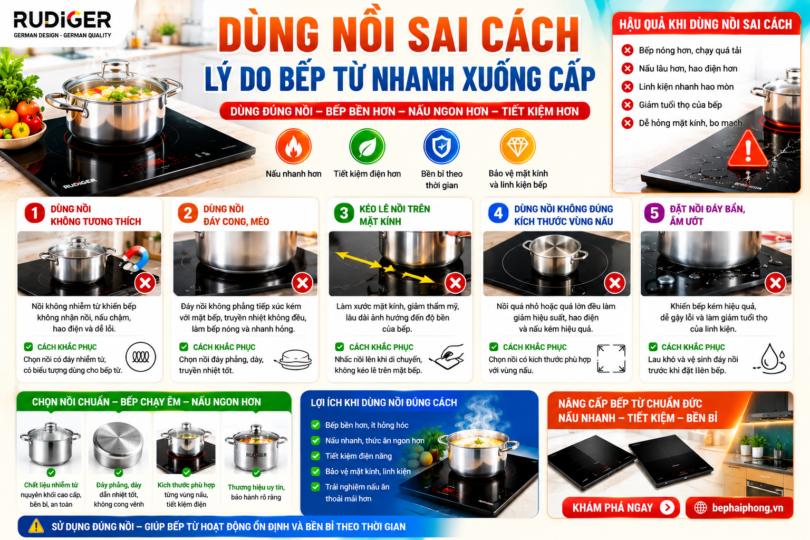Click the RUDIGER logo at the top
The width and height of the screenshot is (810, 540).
click(62, 24)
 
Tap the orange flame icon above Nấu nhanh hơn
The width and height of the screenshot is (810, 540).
click(293, 147)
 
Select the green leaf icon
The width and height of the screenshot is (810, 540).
click(367, 147)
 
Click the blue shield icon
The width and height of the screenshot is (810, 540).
click(441, 147)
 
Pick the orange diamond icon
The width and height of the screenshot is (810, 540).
click(518, 146)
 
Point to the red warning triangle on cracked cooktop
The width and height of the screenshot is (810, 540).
click(748, 149)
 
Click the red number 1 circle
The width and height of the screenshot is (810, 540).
click(35, 213)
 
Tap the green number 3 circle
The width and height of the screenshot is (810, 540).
click(344, 213)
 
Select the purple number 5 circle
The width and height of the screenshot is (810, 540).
click(654, 213)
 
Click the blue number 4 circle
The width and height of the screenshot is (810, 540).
click(498, 213)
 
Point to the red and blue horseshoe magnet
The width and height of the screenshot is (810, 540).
click(136, 258)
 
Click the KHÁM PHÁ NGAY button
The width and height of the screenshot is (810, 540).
click(621, 507)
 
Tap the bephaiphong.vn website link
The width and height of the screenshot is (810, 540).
click(739, 508)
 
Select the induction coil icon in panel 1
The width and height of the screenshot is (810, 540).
click(141, 357)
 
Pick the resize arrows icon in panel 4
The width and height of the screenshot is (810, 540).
click(611, 359)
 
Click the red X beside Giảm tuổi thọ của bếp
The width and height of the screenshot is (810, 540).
click(628, 105)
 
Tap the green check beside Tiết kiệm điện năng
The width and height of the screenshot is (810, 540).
click(316, 456)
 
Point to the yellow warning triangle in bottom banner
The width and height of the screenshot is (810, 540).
click(36, 526)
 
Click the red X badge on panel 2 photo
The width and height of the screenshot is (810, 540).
click(303, 283)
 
